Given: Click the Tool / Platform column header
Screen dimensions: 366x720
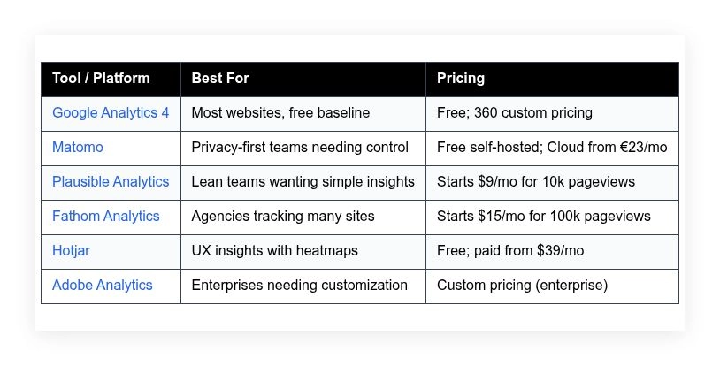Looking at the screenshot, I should (101, 79).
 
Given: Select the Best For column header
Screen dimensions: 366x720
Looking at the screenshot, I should (220, 79).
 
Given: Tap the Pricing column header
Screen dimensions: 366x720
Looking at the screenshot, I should (461, 79).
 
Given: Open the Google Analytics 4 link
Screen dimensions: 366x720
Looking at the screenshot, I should (111, 113).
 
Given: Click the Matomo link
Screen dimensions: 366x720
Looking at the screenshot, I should (78, 148).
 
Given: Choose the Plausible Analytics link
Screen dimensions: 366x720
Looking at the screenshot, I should (111, 182).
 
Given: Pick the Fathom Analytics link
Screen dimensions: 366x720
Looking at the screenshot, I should (106, 217).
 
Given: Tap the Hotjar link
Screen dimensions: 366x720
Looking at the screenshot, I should (71, 251).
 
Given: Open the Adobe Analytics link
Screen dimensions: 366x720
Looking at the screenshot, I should (103, 286).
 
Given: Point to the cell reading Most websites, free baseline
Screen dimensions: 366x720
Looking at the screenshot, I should (280, 113).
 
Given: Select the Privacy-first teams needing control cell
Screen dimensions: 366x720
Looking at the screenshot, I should (300, 148).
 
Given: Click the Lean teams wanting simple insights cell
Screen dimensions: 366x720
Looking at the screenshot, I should (303, 182).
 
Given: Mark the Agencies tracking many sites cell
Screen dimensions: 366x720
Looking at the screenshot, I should (283, 217).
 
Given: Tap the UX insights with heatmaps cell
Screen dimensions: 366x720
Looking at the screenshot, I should (275, 251).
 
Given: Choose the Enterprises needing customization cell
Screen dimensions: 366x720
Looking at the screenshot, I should (300, 286).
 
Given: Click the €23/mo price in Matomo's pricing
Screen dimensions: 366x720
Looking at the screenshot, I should (640, 148).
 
